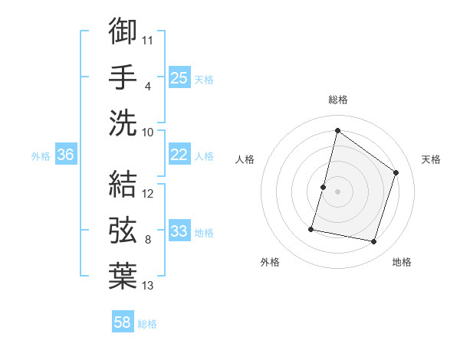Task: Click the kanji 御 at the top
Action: click(123, 31)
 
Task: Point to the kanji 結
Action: click(123, 184)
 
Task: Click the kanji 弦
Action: click(123, 230)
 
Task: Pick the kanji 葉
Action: click(123, 275)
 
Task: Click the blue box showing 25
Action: click(179, 77)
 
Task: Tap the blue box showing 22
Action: click(179, 155)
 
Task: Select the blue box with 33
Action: click(179, 231)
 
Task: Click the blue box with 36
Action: click(66, 155)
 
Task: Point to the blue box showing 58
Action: click(123, 322)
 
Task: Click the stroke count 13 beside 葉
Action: click(148, 286)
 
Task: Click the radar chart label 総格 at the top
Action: click(337, 100)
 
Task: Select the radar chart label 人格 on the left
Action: click(245, 159)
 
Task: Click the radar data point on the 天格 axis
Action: click(396, 172)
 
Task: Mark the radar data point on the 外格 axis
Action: click(312, 228)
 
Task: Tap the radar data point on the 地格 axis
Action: click(373, 241)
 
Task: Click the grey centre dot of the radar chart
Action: click(337, 191)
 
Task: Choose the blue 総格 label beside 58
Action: click(147, 324)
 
